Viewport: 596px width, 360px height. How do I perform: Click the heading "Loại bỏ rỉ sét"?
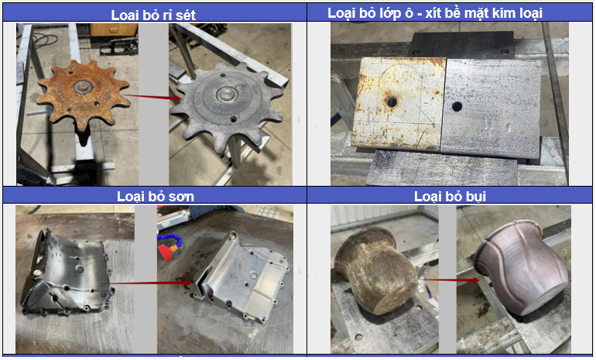tap(153, 15)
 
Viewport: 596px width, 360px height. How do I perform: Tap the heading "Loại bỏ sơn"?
tap(156, 196)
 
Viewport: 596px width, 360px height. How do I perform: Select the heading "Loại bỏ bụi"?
tap(450, 196)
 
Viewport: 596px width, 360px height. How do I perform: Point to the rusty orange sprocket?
tap(83, 93)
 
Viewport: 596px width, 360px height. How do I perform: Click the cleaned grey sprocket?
tap(228, 106)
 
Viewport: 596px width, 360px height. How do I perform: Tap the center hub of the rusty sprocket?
tap(82, 86)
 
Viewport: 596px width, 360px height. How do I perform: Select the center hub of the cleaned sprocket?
tap(225, 94)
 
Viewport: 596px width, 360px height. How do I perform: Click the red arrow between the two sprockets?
tap(151, 97)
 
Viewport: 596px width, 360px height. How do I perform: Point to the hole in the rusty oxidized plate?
tap(391, 101)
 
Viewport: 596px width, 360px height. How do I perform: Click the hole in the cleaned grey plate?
tap(457, 106)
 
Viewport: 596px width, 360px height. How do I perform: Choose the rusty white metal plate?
tap(399, 103)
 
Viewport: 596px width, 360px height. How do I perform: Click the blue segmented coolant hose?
tap(170, 240)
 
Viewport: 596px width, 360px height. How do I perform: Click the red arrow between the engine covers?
tap(146, 283)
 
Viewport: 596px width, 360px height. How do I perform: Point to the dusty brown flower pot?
tap(375, 270)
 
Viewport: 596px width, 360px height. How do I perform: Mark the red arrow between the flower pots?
tap(451, 279)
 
